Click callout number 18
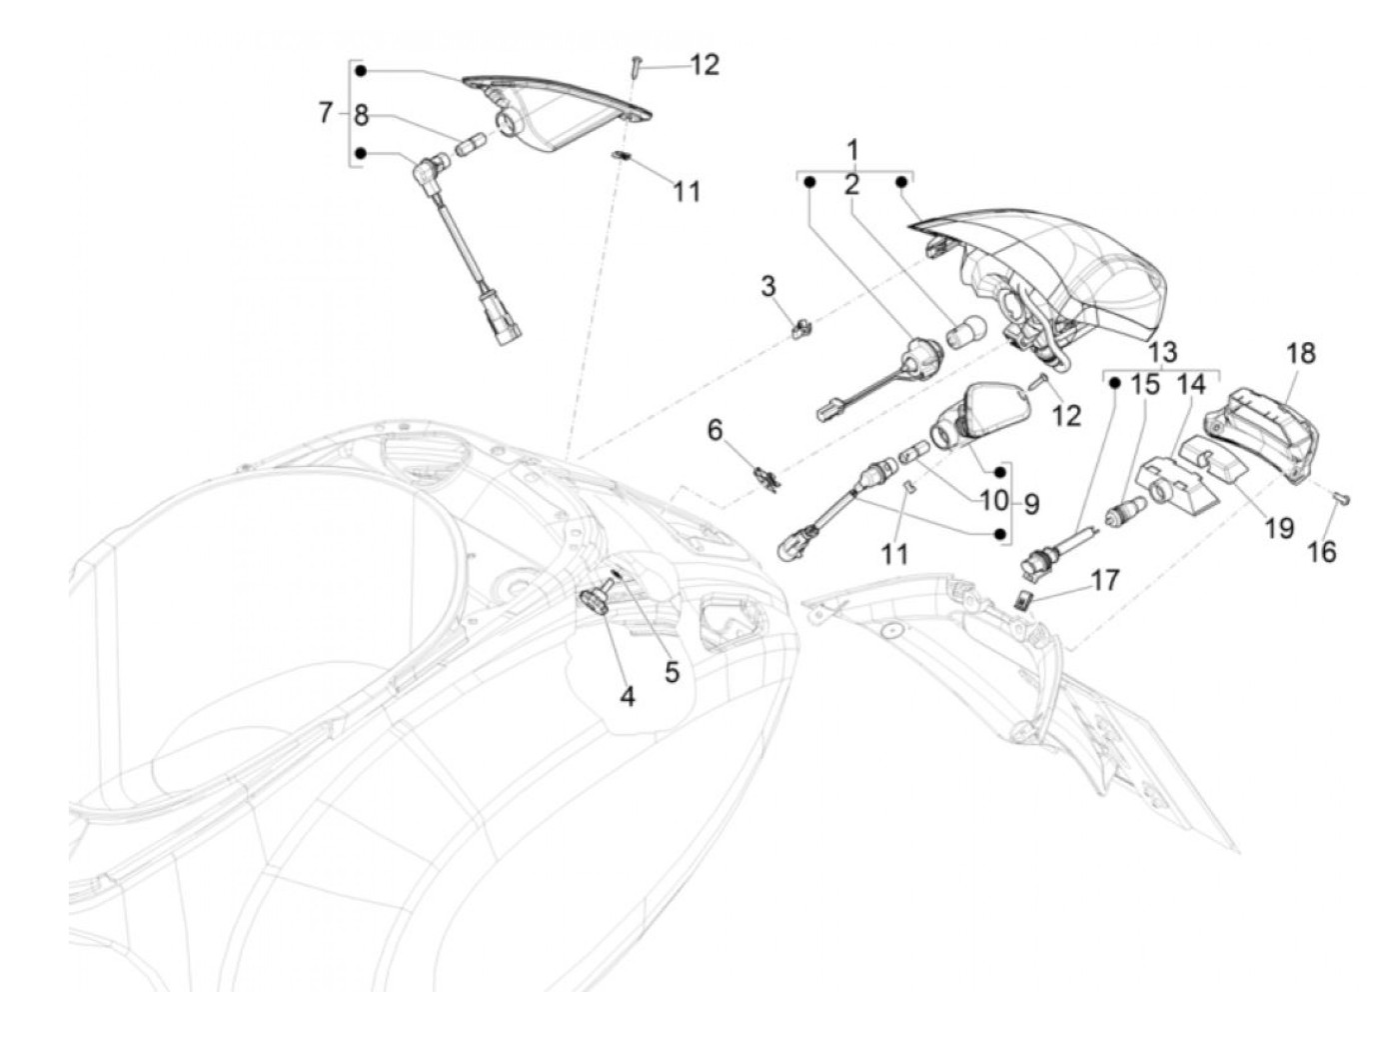tap(1301, 354)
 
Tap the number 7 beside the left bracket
tap(325, 113)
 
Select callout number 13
tap(1162, 352)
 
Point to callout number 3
tap(767, 287)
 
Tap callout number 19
tap(1279, 527)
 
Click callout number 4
tap(627, 696)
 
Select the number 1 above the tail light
tap(852, 151)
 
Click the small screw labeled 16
tap(1343, 499)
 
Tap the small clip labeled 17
tap(1023, 600)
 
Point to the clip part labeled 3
tap(800, 325)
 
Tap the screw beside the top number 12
tap(635, 68)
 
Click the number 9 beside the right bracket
tap(1030, 504)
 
